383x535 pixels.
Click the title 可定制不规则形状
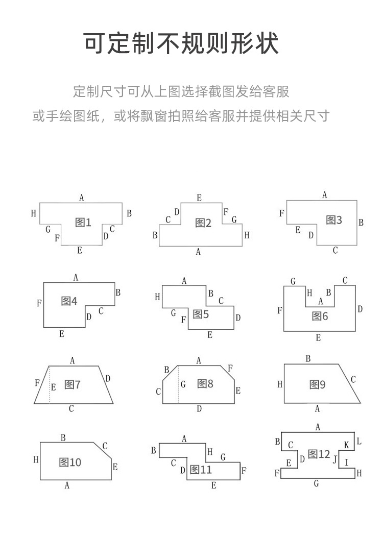tap(182, 43)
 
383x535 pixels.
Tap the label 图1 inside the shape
tap(83, 222)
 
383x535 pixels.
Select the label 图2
tap(203, 223)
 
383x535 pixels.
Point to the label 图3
tap(334, 220)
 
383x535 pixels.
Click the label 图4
tap(69, 301)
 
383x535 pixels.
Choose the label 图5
tap(201, 314)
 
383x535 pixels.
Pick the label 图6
tap(320, 316)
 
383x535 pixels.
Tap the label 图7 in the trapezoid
tap(73, 385)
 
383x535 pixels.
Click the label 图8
tap(205, 383)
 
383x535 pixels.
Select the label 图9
tap(318, 385)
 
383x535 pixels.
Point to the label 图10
tap(70, 463)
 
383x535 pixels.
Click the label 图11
tap(201, 470)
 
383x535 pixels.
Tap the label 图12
tap(319, 454)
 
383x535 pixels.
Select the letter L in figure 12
tap(359, 441)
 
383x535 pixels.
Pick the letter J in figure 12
tap(335, 459)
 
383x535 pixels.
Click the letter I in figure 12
tap(347, 463)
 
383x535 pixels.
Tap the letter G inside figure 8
tap(183, 384)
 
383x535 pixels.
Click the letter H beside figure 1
tap(34, 213)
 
